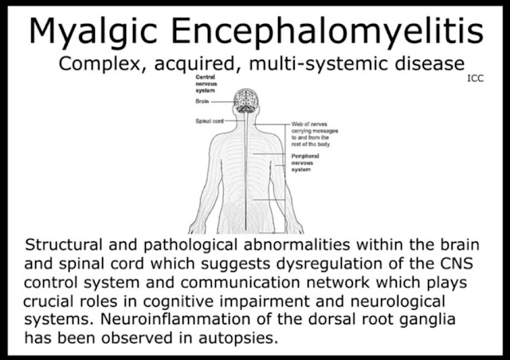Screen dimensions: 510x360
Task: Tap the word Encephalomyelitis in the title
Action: (x=338, y=32)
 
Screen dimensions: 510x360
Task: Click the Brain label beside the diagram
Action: (x=202, y=103)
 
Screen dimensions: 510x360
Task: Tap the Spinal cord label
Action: (x=209, y=121)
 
